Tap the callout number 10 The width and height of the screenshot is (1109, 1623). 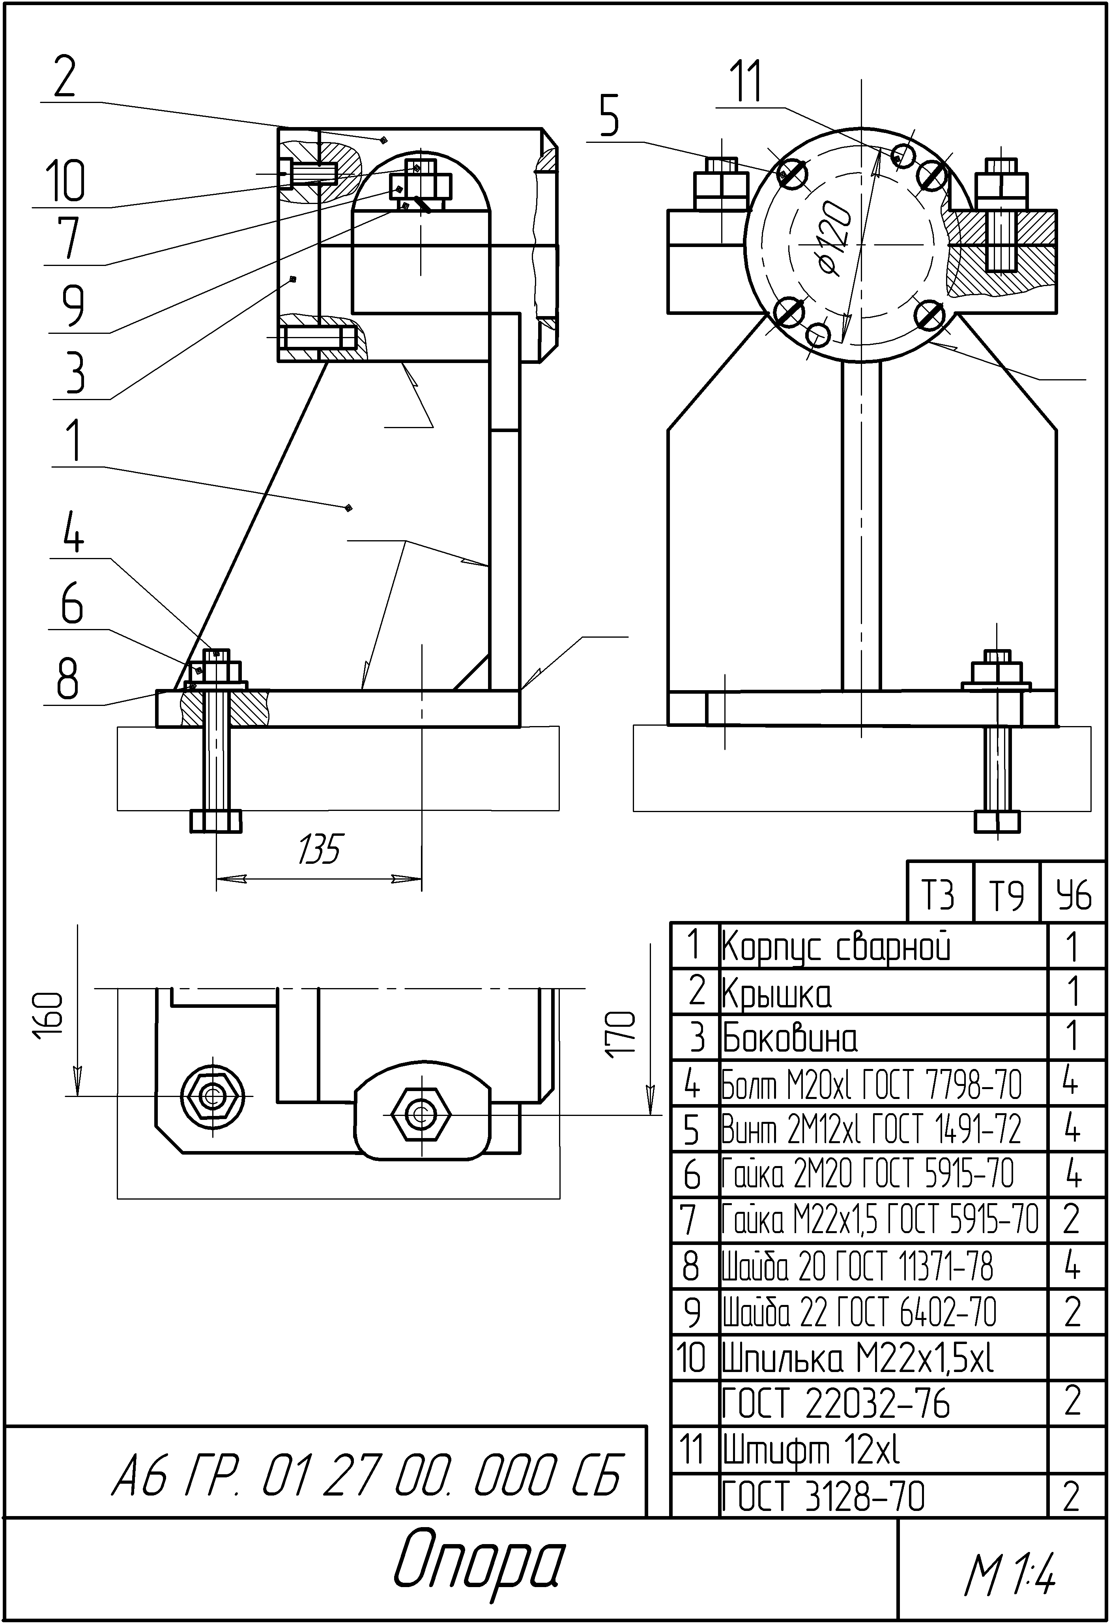[65, 181]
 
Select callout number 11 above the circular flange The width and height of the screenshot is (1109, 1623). [746, 82]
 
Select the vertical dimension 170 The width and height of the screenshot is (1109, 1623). [621, 1033]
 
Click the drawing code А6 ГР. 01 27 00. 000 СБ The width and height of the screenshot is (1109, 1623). [365, 1475]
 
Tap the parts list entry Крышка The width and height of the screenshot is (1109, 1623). [776, 993]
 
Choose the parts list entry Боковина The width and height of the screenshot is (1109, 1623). [789, 1039]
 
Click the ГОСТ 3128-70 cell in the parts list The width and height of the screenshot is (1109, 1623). [823, 1496]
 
